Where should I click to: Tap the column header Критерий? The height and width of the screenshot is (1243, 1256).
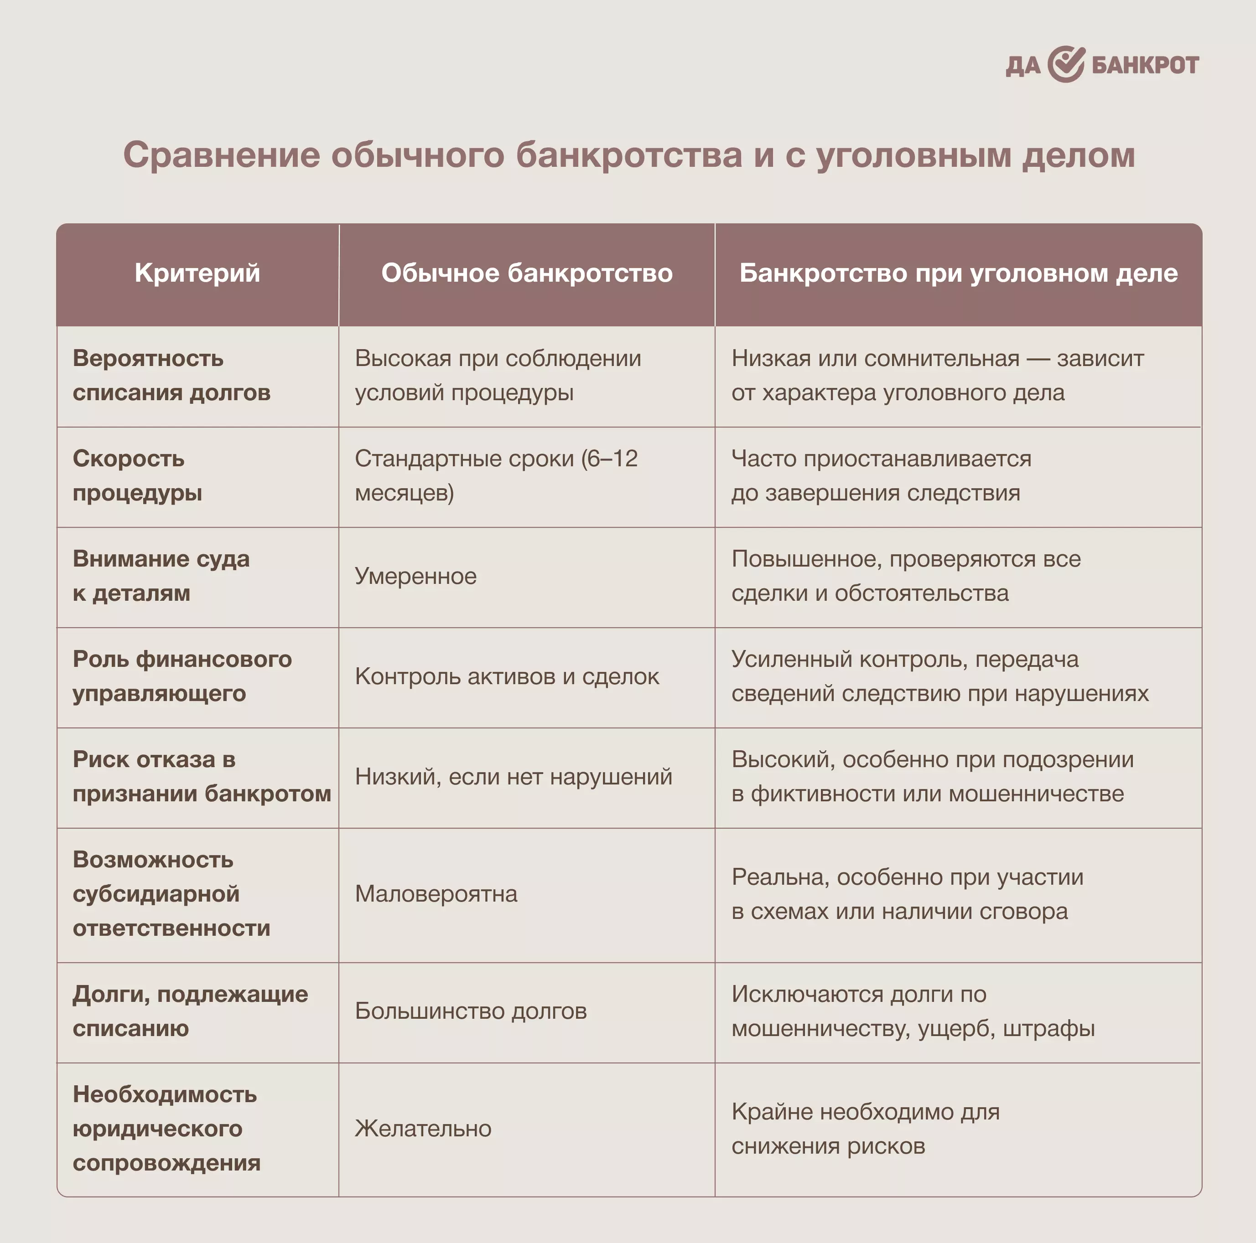(x=197, y=273)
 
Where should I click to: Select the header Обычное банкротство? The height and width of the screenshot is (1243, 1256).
(x=527, y=273)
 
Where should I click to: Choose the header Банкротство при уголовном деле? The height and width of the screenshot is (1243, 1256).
(x=958, y=273)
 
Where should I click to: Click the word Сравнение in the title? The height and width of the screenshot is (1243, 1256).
(x=221, y=155)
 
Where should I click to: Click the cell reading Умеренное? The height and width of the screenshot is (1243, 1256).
(x=415, y=576)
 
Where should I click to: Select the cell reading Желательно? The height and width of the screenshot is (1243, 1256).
(x=423, y=1129)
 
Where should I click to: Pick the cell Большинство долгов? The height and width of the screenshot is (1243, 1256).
(x=471, y=1011)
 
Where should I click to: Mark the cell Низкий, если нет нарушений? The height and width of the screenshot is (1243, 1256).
(x=514, y=776)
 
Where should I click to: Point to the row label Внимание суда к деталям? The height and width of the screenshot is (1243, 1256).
(x=161, y=576)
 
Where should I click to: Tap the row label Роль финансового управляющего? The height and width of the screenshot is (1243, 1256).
(x=182, y=676)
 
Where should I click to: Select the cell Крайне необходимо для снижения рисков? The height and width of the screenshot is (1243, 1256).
(x=865, y=1129)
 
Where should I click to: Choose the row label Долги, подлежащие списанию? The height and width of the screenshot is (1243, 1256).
(x=190, y=1011)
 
